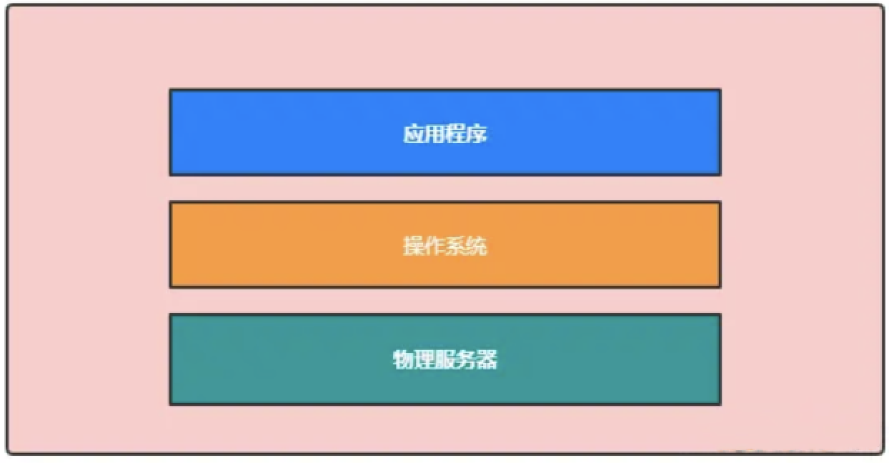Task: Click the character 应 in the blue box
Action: pyautogui.click(x=414, y=134)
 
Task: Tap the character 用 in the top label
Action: pyautogui.click(x=434, y=134)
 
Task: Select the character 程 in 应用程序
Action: pyautogui.click(x=456, y=134)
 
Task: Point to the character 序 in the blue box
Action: pyautogui.click(x=477, y=134)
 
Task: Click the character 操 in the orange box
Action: pyautogui.click(x=414, y=246)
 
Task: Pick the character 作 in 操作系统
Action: pyautogui.click(x=434, y=246)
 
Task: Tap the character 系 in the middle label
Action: pyautogui.click(x=456, y=246)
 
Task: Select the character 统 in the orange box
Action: pyautogui.click(x=477, y=246)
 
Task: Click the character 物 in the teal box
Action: pyautogui.click(x=403, y=359)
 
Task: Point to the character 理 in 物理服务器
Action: pyautogui.click(x=424, y=359)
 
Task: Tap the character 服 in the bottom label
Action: pyautogui.click(x=445, y=359)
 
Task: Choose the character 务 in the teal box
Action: pyautogui.click(x=466, y=359)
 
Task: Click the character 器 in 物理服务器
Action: pyautogui.click(x=487, y=359)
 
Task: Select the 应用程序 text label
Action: pyautogui.click(x=445, y=134)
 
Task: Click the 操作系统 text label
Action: pyautogui.click(x=445, y=246)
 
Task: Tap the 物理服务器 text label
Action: pyautogui.click(x=445, y=359)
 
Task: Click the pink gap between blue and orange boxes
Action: pyautogui.click(x=445, y=189)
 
